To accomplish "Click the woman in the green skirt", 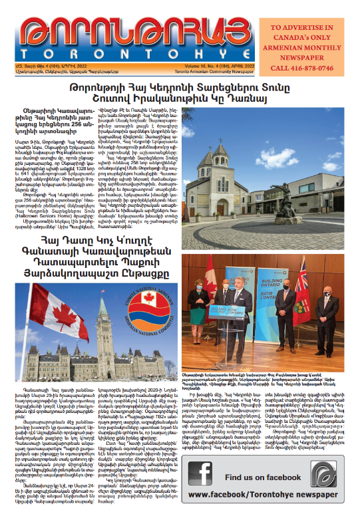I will [198, 305].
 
